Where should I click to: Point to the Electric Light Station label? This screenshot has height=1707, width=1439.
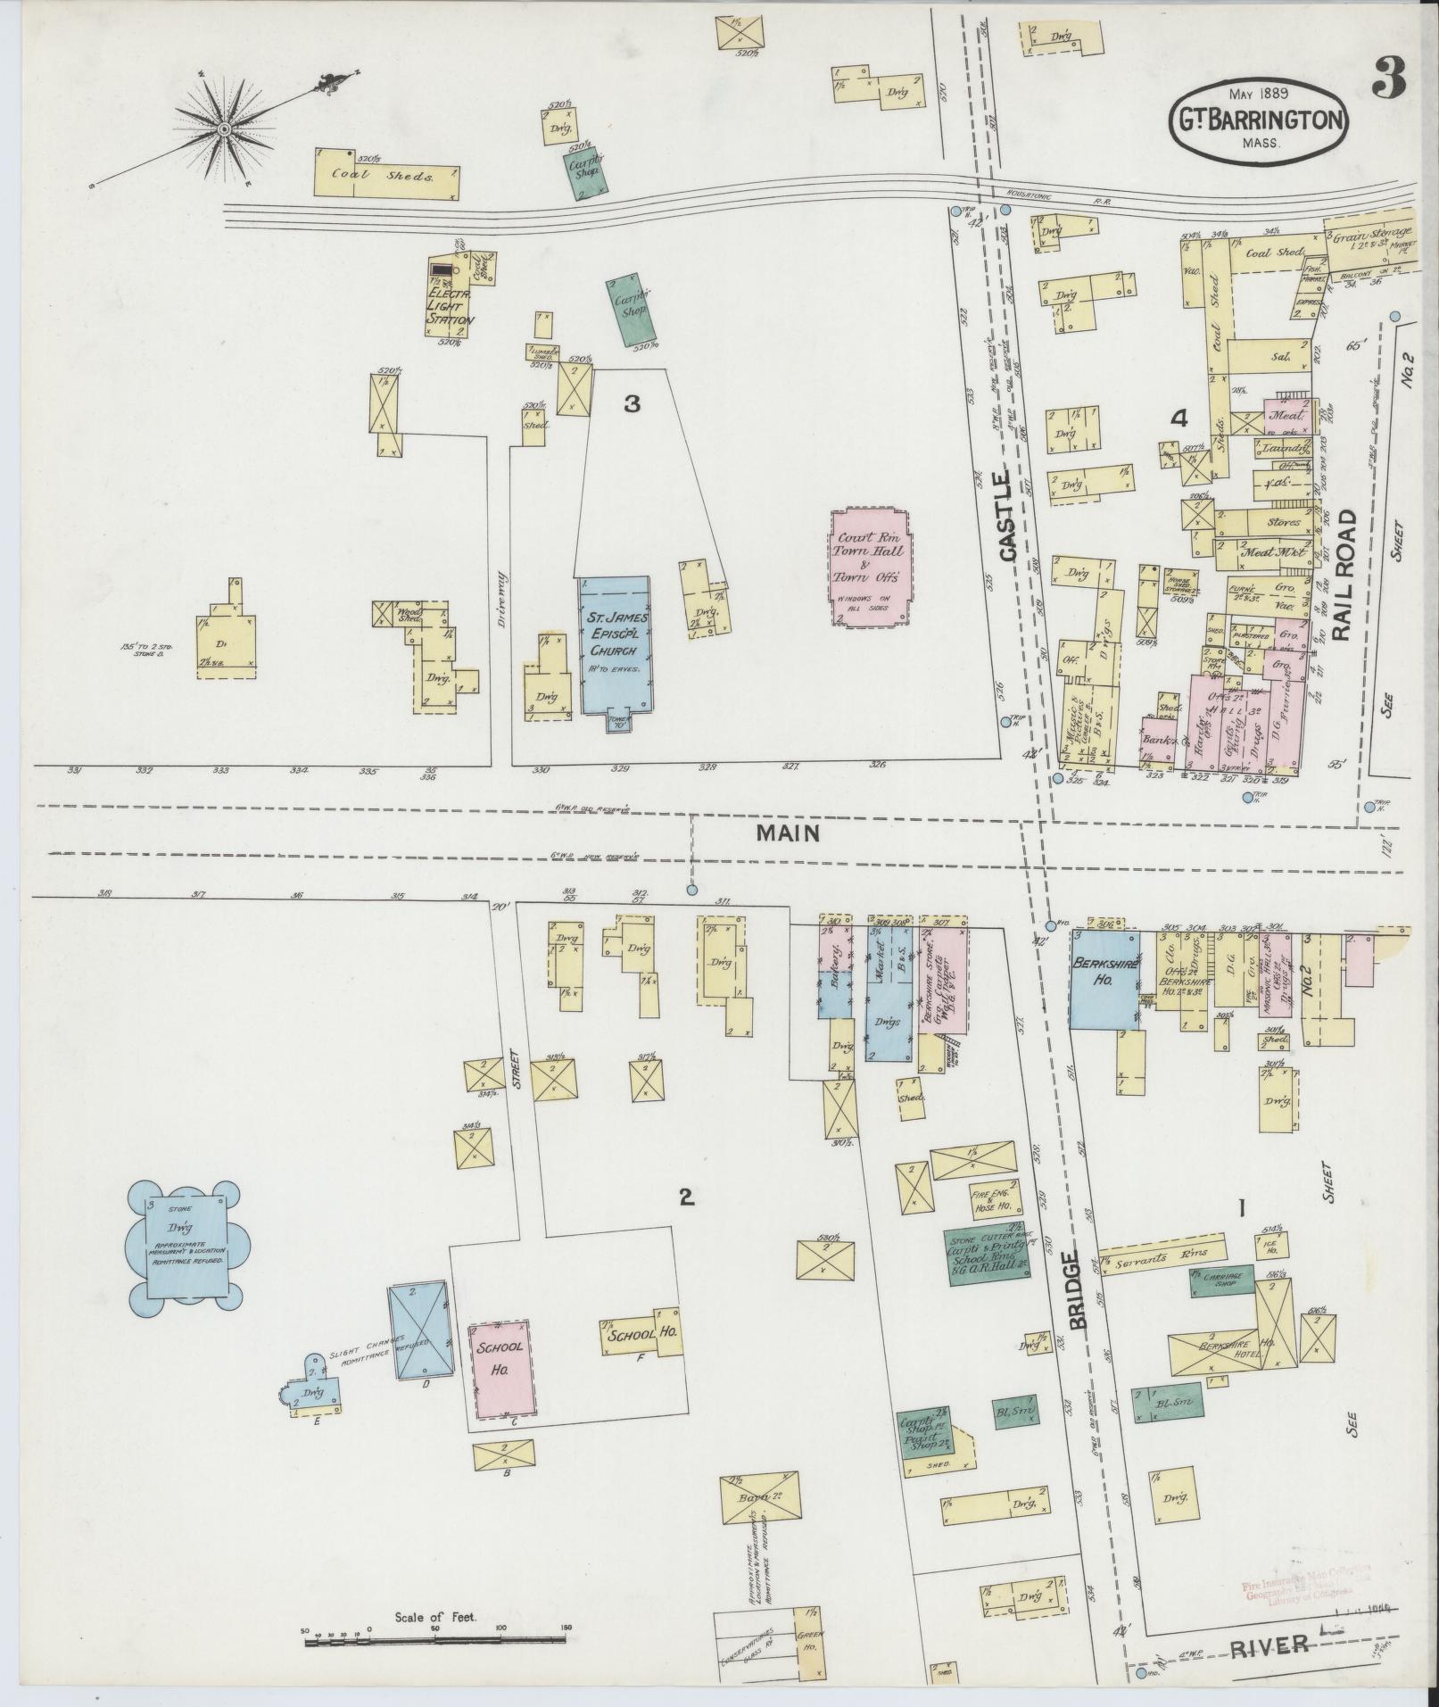451,307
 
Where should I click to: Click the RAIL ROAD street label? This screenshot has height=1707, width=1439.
1345,576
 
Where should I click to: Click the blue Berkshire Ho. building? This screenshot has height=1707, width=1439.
1104,979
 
